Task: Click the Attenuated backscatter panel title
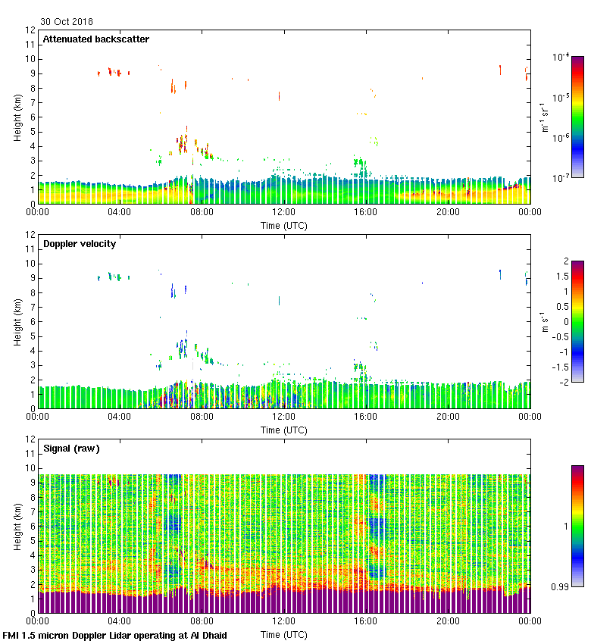click(x=95, y=39)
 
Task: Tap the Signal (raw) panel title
click(x=71, y=448)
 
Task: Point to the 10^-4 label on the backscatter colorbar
click(x=561, y=58)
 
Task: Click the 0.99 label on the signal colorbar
click(x=561, y=586)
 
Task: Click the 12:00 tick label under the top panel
click(x=283, y=212)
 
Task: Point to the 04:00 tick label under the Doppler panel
click(x=120, y=417)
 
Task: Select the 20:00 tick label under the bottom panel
click(x=448, y=621)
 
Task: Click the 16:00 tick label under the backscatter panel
click(x=366, y=212)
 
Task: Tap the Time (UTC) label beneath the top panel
click(x=284, y=225)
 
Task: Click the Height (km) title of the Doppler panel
click(x=17, y=322)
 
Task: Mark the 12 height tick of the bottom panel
click(x=30, y=439)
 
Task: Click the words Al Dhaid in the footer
click(x=207, y=635)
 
